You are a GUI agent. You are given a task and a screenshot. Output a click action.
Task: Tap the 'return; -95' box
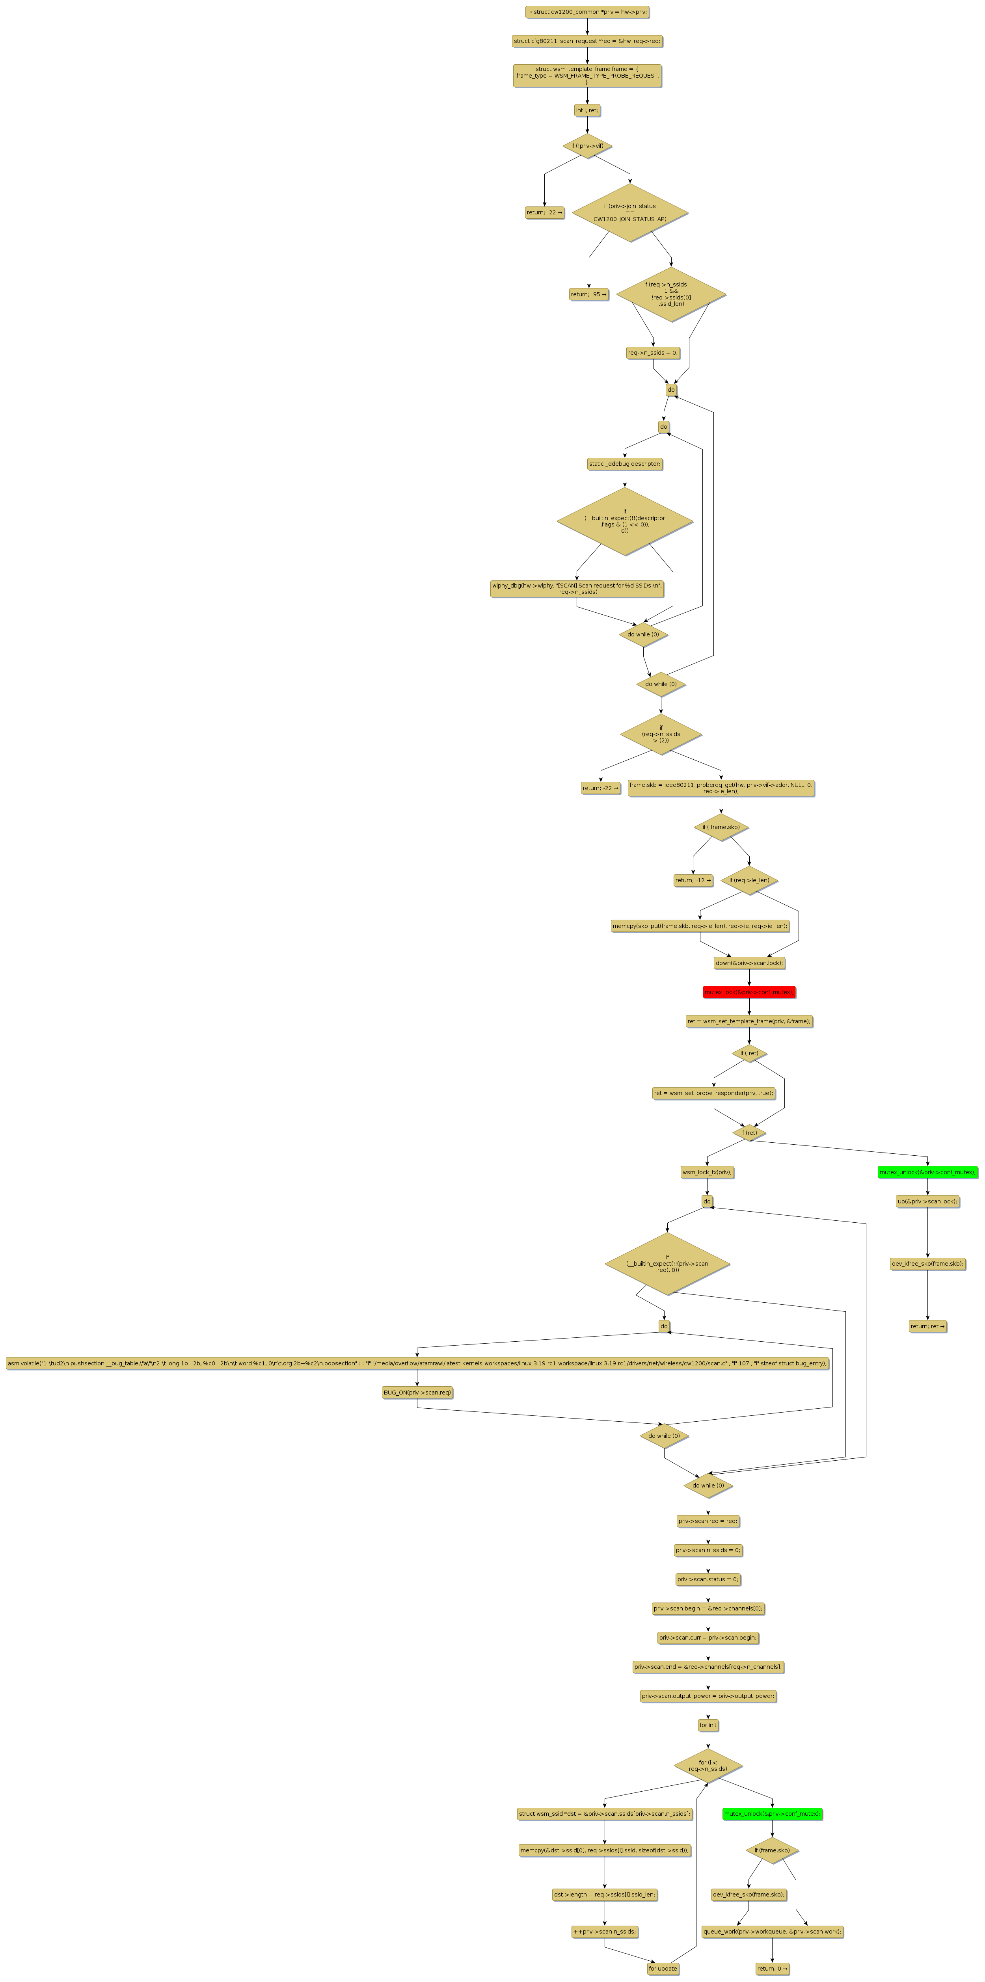click(589, 294)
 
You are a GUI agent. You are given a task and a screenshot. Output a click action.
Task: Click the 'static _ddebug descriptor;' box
click(624, 464)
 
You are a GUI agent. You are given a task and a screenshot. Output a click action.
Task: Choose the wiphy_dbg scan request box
click(577, 589)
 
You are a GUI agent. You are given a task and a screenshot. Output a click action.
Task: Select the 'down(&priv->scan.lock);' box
click(749, 963)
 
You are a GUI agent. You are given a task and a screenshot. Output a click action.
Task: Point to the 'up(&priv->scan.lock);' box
click(927, 1201)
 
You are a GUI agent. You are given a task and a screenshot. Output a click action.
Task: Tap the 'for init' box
click(708, 1725)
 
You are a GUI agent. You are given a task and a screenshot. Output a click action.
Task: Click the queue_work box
click(772, 1931)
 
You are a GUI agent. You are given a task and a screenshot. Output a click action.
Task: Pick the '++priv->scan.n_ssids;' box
click(605, 1931)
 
